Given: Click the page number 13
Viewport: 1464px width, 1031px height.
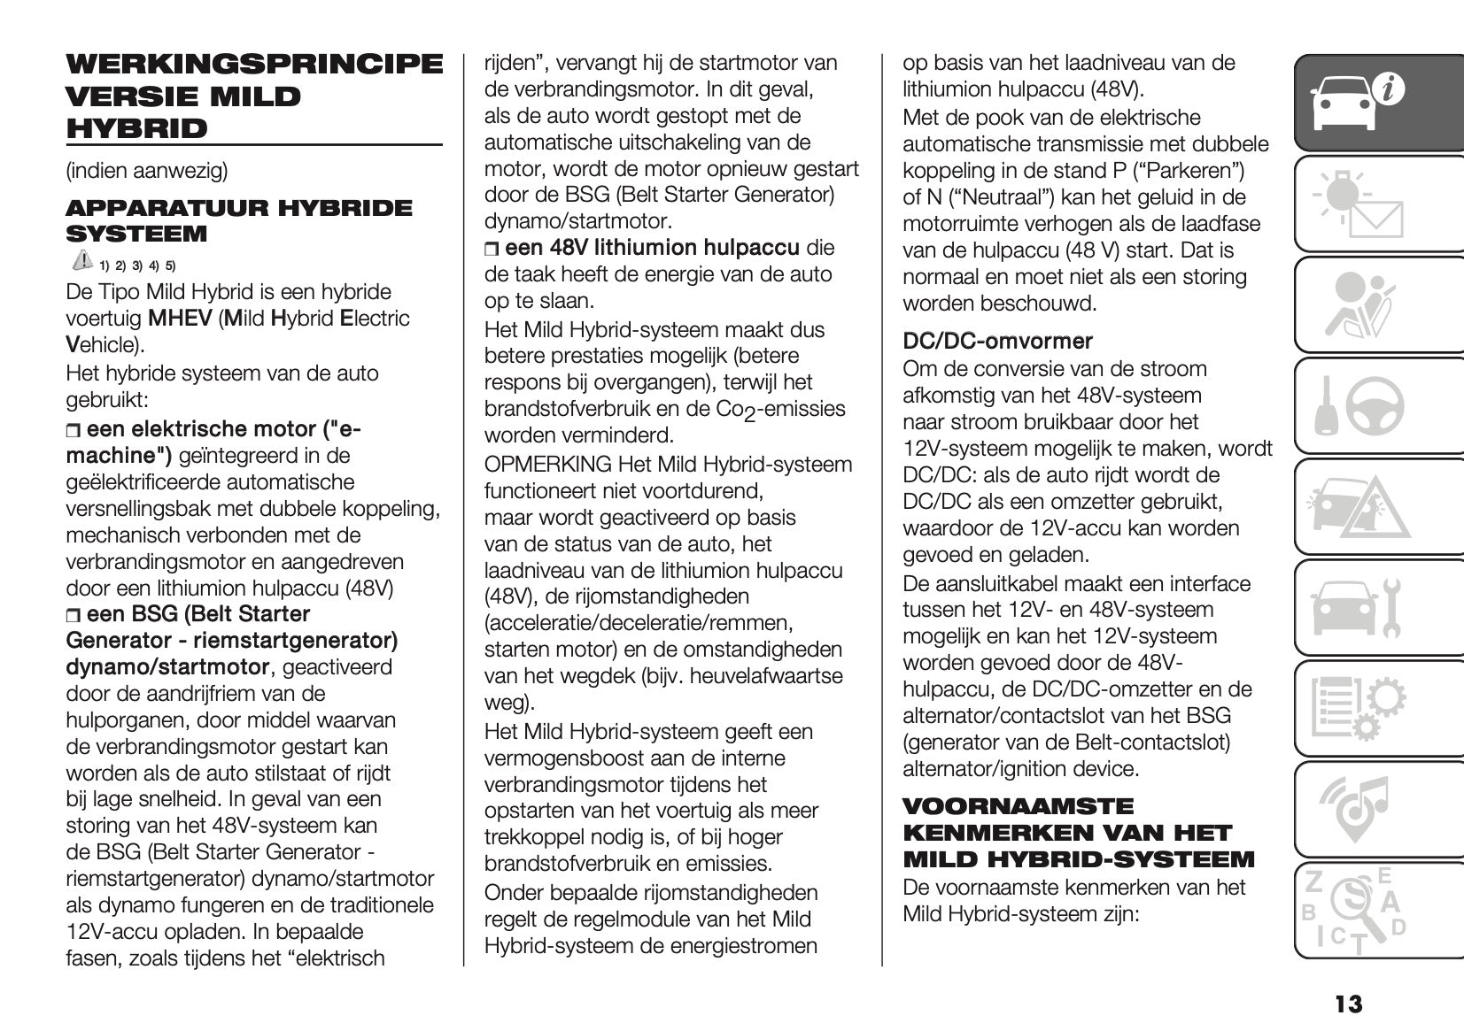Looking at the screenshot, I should (x=1349, y=1004).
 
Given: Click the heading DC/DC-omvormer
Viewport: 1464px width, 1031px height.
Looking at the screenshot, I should (x=997, y=341).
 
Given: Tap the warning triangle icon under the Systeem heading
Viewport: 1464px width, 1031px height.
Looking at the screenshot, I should (x=81, y=260).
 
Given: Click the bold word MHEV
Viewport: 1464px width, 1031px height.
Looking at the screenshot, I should (x=179, y=319).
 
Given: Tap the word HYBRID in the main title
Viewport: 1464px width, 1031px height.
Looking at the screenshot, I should (x=136, y=128).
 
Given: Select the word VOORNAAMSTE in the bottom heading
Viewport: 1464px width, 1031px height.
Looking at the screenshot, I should (x=1018, y=806).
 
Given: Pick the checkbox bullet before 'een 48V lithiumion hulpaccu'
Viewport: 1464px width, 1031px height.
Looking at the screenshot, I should (x=492, y=249).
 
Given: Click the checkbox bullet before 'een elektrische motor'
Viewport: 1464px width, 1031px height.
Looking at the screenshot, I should (x=74, y=431).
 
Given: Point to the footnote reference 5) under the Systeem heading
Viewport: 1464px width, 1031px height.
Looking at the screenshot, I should (x=170, y=265).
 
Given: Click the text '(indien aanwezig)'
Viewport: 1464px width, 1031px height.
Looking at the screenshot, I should (x=146, y=170).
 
